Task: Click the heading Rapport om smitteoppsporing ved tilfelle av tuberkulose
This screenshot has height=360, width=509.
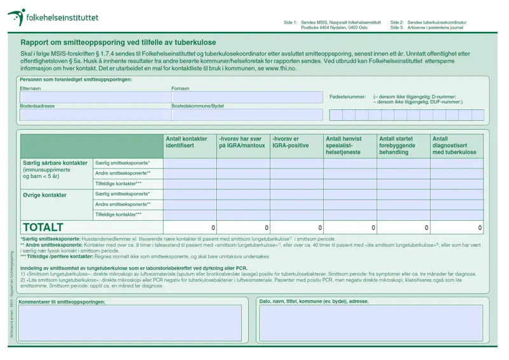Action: pos(118,42)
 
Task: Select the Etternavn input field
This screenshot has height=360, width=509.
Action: pos(95,97)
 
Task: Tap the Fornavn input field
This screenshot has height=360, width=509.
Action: pos(247,97)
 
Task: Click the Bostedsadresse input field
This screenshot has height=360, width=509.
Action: pos(95,114)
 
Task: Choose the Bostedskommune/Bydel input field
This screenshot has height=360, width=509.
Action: pos(247,114)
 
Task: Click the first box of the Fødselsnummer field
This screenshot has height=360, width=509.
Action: pos(335,115)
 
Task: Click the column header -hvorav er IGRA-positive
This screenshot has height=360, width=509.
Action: pos(296,142)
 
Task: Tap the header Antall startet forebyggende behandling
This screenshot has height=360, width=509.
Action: pos(403,146)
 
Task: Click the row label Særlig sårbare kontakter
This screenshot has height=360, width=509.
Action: pos(55,163)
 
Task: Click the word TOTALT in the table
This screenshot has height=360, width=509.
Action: pos(43,227)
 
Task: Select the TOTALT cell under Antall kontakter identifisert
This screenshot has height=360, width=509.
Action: pos(190,227)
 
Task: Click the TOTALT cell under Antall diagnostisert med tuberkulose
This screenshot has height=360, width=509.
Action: pos(456,227)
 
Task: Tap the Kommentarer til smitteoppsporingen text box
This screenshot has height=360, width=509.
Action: pos(130,323)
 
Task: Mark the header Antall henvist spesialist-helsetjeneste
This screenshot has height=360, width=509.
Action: pos(349,146)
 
